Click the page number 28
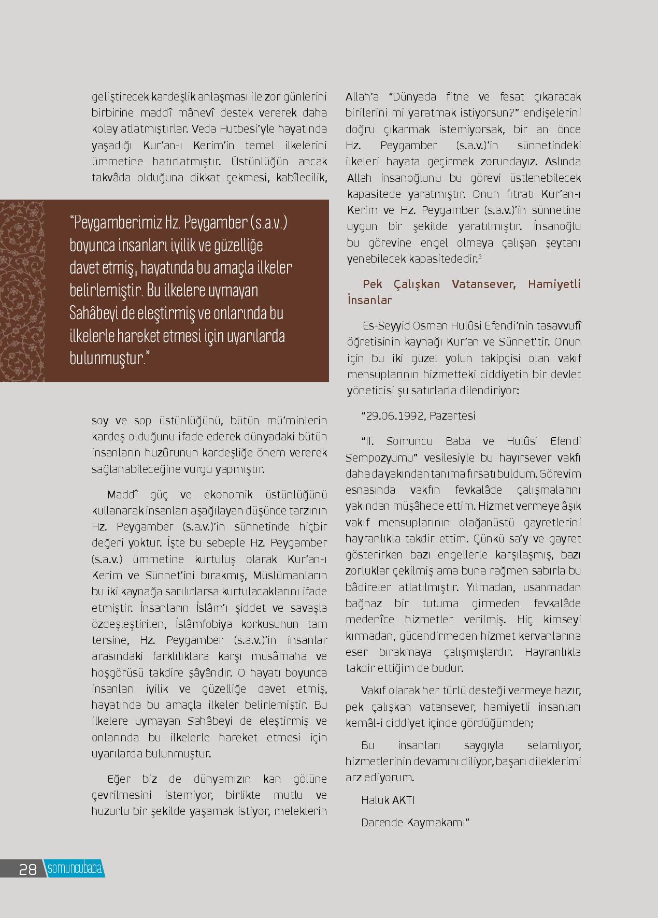click(27, 869)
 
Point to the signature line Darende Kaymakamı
click(414, 823)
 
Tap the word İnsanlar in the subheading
click(369, 300)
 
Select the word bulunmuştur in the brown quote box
click(106, 358)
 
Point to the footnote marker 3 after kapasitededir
click(480, 257)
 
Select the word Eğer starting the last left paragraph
click(118, 779)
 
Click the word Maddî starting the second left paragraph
click(122, 494)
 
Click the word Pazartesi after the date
click(452, 416)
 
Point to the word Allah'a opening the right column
click(362, 97)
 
